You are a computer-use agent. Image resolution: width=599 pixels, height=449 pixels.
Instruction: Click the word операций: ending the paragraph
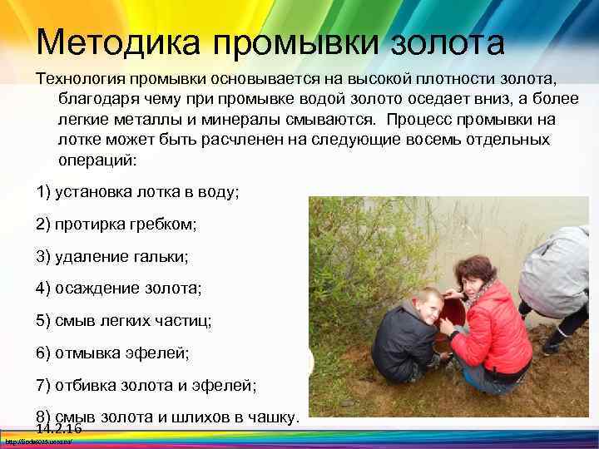[96, 159]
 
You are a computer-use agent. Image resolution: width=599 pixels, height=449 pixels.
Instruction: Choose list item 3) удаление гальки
[112, 256]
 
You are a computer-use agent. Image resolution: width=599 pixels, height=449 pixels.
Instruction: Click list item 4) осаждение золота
[119, 289]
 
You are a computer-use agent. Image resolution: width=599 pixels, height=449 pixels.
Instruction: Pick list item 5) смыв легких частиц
[124, 321]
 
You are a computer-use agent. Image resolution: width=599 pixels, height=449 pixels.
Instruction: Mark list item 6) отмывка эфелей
[113, 353]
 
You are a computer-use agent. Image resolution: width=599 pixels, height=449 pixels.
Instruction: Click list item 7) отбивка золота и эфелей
[146, 386]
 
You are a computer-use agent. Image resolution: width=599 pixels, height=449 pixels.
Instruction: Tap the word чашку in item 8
[274, 416]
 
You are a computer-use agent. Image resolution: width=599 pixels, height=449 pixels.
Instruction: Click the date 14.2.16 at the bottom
[59, 428]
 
